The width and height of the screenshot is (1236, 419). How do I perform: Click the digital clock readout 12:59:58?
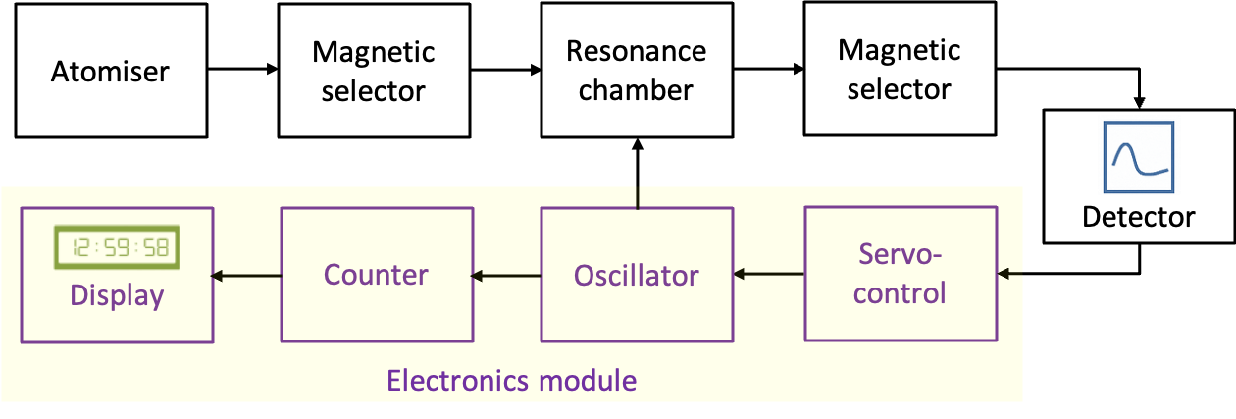pos(117,249)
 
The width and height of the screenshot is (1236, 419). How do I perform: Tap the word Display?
pos(117,295)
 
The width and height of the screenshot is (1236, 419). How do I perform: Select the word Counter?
pos(376,275)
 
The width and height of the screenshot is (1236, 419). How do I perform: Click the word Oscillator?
pos(636,276)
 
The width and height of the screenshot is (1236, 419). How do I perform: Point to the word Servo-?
pos(900,255)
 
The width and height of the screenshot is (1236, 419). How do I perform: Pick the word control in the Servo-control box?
pos(900,292)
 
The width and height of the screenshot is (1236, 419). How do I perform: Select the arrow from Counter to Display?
pos(246,276)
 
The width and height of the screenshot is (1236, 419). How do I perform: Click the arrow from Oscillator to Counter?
pos(506,276)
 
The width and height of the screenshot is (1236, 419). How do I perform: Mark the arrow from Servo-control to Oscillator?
pos(769,276)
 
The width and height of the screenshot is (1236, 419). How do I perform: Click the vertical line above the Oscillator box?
pos(638,195)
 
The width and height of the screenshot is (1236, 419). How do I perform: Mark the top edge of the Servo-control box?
pos(900,207)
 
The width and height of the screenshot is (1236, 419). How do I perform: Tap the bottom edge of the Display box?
pos(117,341)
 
